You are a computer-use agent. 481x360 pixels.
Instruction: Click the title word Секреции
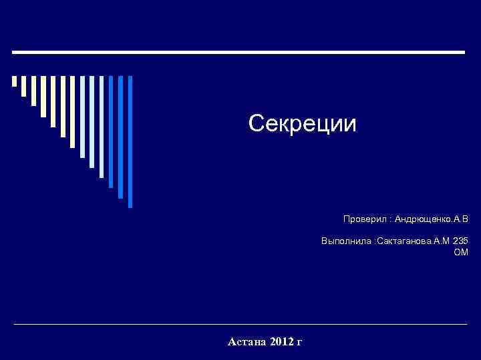pyautogui.click(x=303, y=123)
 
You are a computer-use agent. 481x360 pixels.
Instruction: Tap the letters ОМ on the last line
pyautogui.click(x=461, y=252)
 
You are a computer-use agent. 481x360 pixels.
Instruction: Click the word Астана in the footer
pyautogui.click(x=248, y=342)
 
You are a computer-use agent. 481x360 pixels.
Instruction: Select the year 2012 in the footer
pyautogui.click(x=283, y=342)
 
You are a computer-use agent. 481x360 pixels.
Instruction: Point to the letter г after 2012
pyautogui.click(x=299, y=343)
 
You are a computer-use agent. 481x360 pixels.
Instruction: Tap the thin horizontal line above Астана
pyautogui.click(x=240, y=325)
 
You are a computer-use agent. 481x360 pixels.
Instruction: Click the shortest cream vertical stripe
pyautogui.click(x=15, y=81)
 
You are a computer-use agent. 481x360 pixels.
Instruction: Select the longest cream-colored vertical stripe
pyautogui.click(x=63, y=106)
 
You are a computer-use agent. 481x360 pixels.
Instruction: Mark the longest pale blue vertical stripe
pyautogui.click(x=102, y=127)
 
